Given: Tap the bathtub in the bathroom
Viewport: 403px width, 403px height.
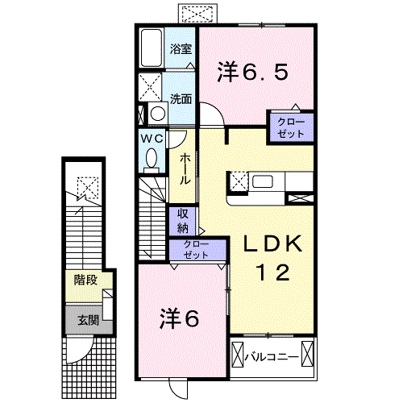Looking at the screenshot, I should click(x=151, y=48).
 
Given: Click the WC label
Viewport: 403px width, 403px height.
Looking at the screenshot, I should click(x=153, y=138).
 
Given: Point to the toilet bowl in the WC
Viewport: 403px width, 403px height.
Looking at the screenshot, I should click(x=152, y=160).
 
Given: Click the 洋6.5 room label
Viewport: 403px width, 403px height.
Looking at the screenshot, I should click(x=252, y=72).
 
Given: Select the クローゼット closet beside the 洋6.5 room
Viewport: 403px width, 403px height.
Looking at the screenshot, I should click(x=292, y=127).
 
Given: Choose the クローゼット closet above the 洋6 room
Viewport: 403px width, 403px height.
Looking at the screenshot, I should click(x=197, y=250).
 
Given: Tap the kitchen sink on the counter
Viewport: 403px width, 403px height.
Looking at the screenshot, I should click(x=263, y=181).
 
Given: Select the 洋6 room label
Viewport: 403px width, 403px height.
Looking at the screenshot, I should click(x=180, y=317).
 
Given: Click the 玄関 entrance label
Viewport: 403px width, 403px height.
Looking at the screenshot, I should click(x=88, y=319).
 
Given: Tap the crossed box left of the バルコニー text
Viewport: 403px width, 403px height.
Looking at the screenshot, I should click(x=239, y=355).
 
